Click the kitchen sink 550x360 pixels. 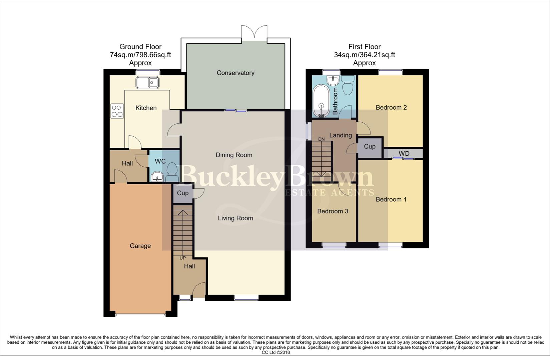[147, 82]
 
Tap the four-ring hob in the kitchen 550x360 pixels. [117, 111]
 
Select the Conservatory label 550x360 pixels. [235, 73]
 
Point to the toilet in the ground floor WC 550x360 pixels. [172, 171]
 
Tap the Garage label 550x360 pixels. [140, 246]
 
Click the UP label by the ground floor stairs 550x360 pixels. [182, 258]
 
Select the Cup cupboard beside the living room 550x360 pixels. [183, 193]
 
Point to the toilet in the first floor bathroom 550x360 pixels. [348, 85]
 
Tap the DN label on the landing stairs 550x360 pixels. [321, 139]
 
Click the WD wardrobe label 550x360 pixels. [404, 154]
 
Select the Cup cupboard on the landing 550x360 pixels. [370, 147]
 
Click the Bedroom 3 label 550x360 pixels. [333, 211]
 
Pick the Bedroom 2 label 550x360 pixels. [391, 107]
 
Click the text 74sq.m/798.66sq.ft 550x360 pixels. [140, 55]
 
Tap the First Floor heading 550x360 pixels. [364, 47]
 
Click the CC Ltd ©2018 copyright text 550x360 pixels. [276, 352]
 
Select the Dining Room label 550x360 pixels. [234, 155]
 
